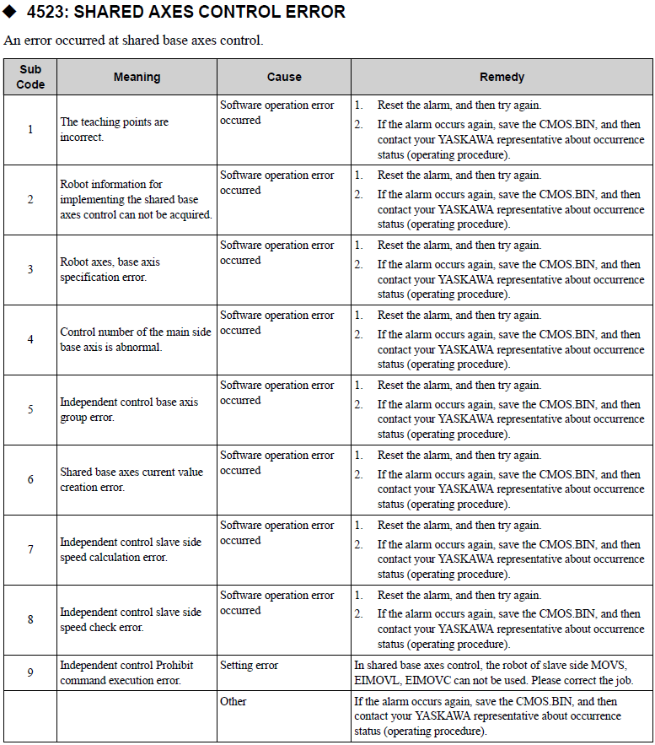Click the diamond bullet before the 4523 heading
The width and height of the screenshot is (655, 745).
[10, 13]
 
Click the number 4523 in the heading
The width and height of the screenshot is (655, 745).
[46, 13]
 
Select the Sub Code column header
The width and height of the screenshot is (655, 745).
[30, 77]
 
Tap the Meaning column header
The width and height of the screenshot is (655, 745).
[137, 77]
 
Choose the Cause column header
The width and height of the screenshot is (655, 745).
[284, 77]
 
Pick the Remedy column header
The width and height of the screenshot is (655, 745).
[502, 77]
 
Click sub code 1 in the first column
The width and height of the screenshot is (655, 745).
[30, 130]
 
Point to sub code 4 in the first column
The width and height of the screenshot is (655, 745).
[30, 339]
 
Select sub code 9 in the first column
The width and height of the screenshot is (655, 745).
[30, 672]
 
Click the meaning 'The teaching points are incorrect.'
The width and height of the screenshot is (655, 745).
[114, 130]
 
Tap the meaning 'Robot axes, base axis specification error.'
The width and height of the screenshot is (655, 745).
[110, 270]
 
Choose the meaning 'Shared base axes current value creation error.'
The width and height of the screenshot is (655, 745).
[132, 479]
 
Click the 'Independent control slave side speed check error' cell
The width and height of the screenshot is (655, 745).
[131, 619]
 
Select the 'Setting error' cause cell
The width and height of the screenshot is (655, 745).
[250, 666]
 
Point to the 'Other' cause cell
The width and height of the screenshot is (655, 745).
[234, 701]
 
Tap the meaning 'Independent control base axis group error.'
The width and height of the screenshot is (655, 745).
[129, 409]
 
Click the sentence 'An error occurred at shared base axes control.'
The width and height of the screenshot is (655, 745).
[133, 40]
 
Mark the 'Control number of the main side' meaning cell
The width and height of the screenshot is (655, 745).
[135, 339]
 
